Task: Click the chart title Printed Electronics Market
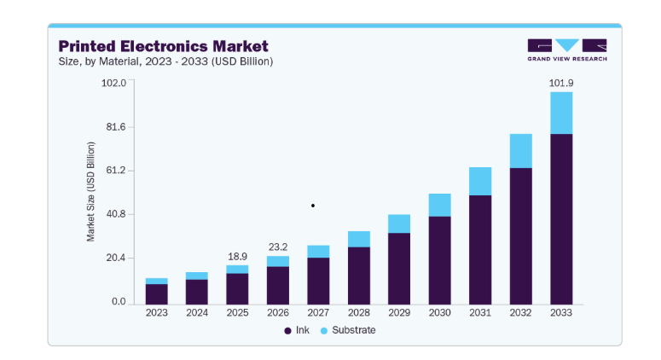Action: coord(163,46)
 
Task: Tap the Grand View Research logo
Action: coord(567,50)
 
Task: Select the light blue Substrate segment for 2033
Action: coord(561,113)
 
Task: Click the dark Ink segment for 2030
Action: coord(440,260)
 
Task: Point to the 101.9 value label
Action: coord(561,83)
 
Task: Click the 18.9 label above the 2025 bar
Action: coord(237,256)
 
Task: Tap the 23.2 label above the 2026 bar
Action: coord(278,247)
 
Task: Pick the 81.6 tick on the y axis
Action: coord(116,127)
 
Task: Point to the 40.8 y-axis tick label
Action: coord(116,214)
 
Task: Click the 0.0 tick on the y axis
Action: coord(119,301)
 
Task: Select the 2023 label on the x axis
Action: coord(156,313)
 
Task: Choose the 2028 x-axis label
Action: coord(359,313)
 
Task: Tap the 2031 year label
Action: coord(480,313)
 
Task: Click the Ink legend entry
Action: coord(297,330)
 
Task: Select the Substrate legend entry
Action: coord(348,330)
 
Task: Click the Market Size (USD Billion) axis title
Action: coord(90,192)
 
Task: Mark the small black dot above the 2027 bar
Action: coord(313,206)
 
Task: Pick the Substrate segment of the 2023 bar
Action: coord(156,282)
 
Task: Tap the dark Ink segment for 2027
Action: coord(318,282)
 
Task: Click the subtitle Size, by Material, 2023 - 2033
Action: coord(165,61)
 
